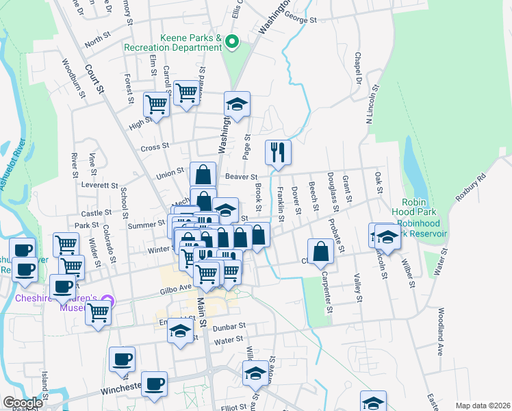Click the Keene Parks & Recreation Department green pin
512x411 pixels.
pyautogui.click(x=231, y=43)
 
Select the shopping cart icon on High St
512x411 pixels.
pyautogui.click(x=156, y=105)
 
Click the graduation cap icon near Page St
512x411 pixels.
pyautogui.click(x=237, y=104)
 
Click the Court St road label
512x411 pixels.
pyautogui.click(x=94, y=79)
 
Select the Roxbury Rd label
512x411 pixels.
pyautogui.click(x=472, y=186)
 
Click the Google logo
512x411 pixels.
pyautogui.click(x=23, y=403)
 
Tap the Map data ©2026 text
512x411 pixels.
pyautogui.click(x=483, y=405)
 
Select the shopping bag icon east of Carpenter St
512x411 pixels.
pyautogui.click(x=320, y=251)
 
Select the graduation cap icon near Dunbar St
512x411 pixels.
pyautogui.click(x=180, y=332)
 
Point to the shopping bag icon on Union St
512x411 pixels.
pyautogui.click(x=203, y=174)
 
